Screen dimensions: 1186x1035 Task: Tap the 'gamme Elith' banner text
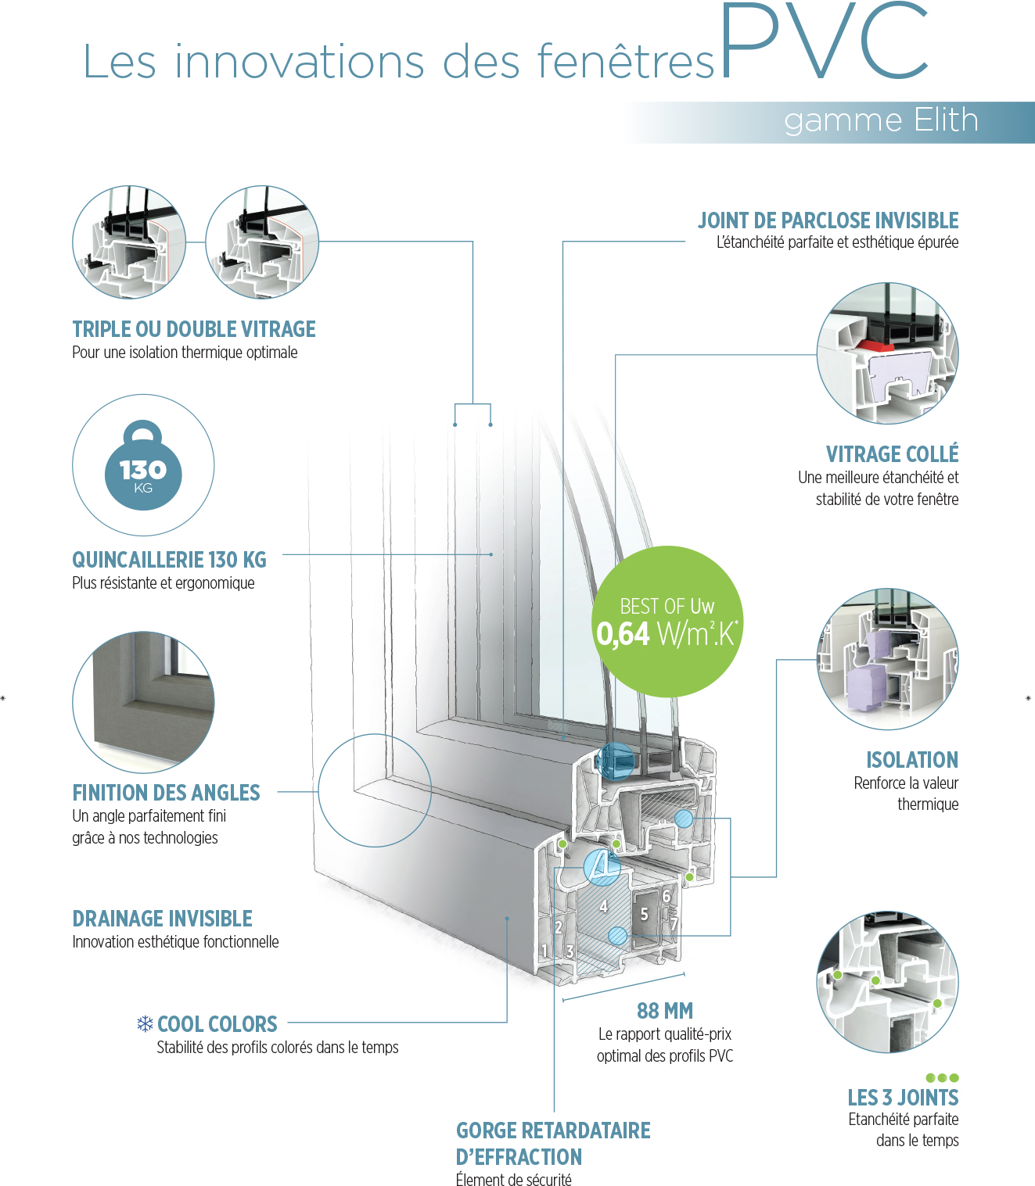pyautogui.click(x=881, y=121)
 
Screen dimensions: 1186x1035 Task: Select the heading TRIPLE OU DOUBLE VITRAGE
pyautogui.click(x=194, y=329)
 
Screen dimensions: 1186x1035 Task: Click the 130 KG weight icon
pyautogui.click(x=143, y=466)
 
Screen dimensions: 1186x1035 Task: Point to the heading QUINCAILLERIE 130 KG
pyautogui.click(x=169, y=560)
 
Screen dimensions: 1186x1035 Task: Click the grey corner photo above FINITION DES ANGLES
pyautogui.click(x=143, y=701)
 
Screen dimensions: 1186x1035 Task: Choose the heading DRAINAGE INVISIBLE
pyautogui.click(x=162, y=919)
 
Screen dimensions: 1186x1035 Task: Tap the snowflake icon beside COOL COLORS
pyautogui.click(x=145, y=1023)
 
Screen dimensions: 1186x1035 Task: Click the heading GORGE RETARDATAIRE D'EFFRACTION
pyautogui.click(x=552, y=1143)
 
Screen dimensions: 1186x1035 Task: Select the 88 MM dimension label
pyautogui.click(x=665, y=1011)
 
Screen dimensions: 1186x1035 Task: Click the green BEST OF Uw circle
pyautogui.click(x=667, y=622)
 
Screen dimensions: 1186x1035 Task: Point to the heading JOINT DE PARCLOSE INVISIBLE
pyautogui.click(x=828, y=220)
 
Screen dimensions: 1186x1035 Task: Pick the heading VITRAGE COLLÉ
pyautogui.click(x=892, y=454)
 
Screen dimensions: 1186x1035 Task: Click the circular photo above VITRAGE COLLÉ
pyautogui.click(x=887, y=353)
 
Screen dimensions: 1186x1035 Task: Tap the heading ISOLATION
pyautogui.click(x=911, y=760)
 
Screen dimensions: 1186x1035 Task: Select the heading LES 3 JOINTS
pyautogui.click(x=903, y=1098)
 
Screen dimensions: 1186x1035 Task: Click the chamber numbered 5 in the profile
pyautogui.click(x=644, y=914)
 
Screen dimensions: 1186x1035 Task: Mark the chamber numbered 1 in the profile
pyautogui.click(x=544, y=951)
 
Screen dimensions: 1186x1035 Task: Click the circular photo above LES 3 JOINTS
pyautogui.click(x=887, y=982)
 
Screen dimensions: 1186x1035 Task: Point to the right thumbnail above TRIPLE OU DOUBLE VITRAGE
pyautogui.click(x=262, y=242)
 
